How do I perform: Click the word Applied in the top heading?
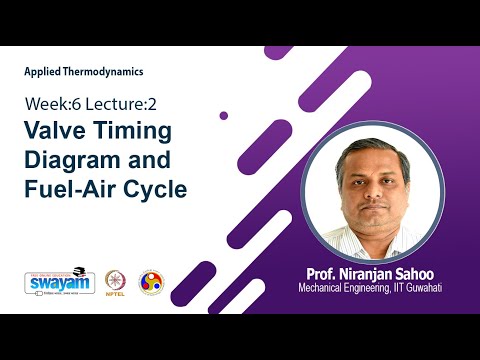tap(42, 72)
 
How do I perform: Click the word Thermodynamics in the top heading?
tap(103, 72)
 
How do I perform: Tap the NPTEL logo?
tap(115, 282)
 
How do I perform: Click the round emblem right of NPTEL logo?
tap(151, 281)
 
